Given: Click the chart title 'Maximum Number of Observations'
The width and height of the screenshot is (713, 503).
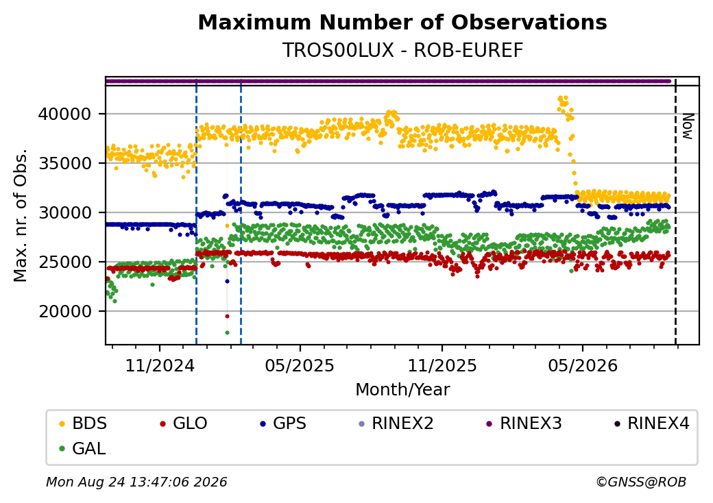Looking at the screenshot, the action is [x=402, y=22].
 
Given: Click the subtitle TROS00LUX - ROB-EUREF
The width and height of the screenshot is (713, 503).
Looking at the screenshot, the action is [x=402, y=51].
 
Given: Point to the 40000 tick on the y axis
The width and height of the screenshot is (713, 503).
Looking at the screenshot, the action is [x=65, y=114].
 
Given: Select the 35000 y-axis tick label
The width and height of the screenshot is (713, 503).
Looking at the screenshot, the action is [x=65, y=164].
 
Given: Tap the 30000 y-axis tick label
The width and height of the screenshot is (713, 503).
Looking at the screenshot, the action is [x=65, y=212].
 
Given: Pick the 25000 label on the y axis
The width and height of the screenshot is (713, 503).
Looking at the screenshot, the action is [x=65, y=262].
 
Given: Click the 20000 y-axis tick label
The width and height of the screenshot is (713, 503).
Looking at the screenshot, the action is [x=65, y=312].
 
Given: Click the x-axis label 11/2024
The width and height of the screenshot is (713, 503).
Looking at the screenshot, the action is [x=160, y=366].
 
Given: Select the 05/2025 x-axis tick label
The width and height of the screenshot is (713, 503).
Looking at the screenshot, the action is [x=300, y=366].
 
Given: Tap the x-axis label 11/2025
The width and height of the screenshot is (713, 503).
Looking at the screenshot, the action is [x=442, y=366].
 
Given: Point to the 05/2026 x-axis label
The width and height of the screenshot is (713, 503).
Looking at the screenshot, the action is [x=583, y=366].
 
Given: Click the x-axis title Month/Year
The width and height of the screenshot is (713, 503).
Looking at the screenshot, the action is [x=402, y=390].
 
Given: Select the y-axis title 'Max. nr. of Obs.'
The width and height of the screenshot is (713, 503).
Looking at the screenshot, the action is [x=21, y=215].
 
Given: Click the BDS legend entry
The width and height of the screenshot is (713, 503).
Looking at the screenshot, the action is [x=83, y=424].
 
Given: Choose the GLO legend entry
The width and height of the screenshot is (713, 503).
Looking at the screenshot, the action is [x=183, y=424].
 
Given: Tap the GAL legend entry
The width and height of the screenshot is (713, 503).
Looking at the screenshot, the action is [x=82, y=448].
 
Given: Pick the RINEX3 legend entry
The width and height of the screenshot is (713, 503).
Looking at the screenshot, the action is [x=524, y=424].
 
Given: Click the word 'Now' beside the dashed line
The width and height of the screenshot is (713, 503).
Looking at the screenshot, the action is [x=688, y=126].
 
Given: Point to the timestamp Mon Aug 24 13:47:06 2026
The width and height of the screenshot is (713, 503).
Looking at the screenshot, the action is [x=136, y=482].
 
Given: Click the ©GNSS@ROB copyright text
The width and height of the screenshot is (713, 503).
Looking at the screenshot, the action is [x=641, y=482].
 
